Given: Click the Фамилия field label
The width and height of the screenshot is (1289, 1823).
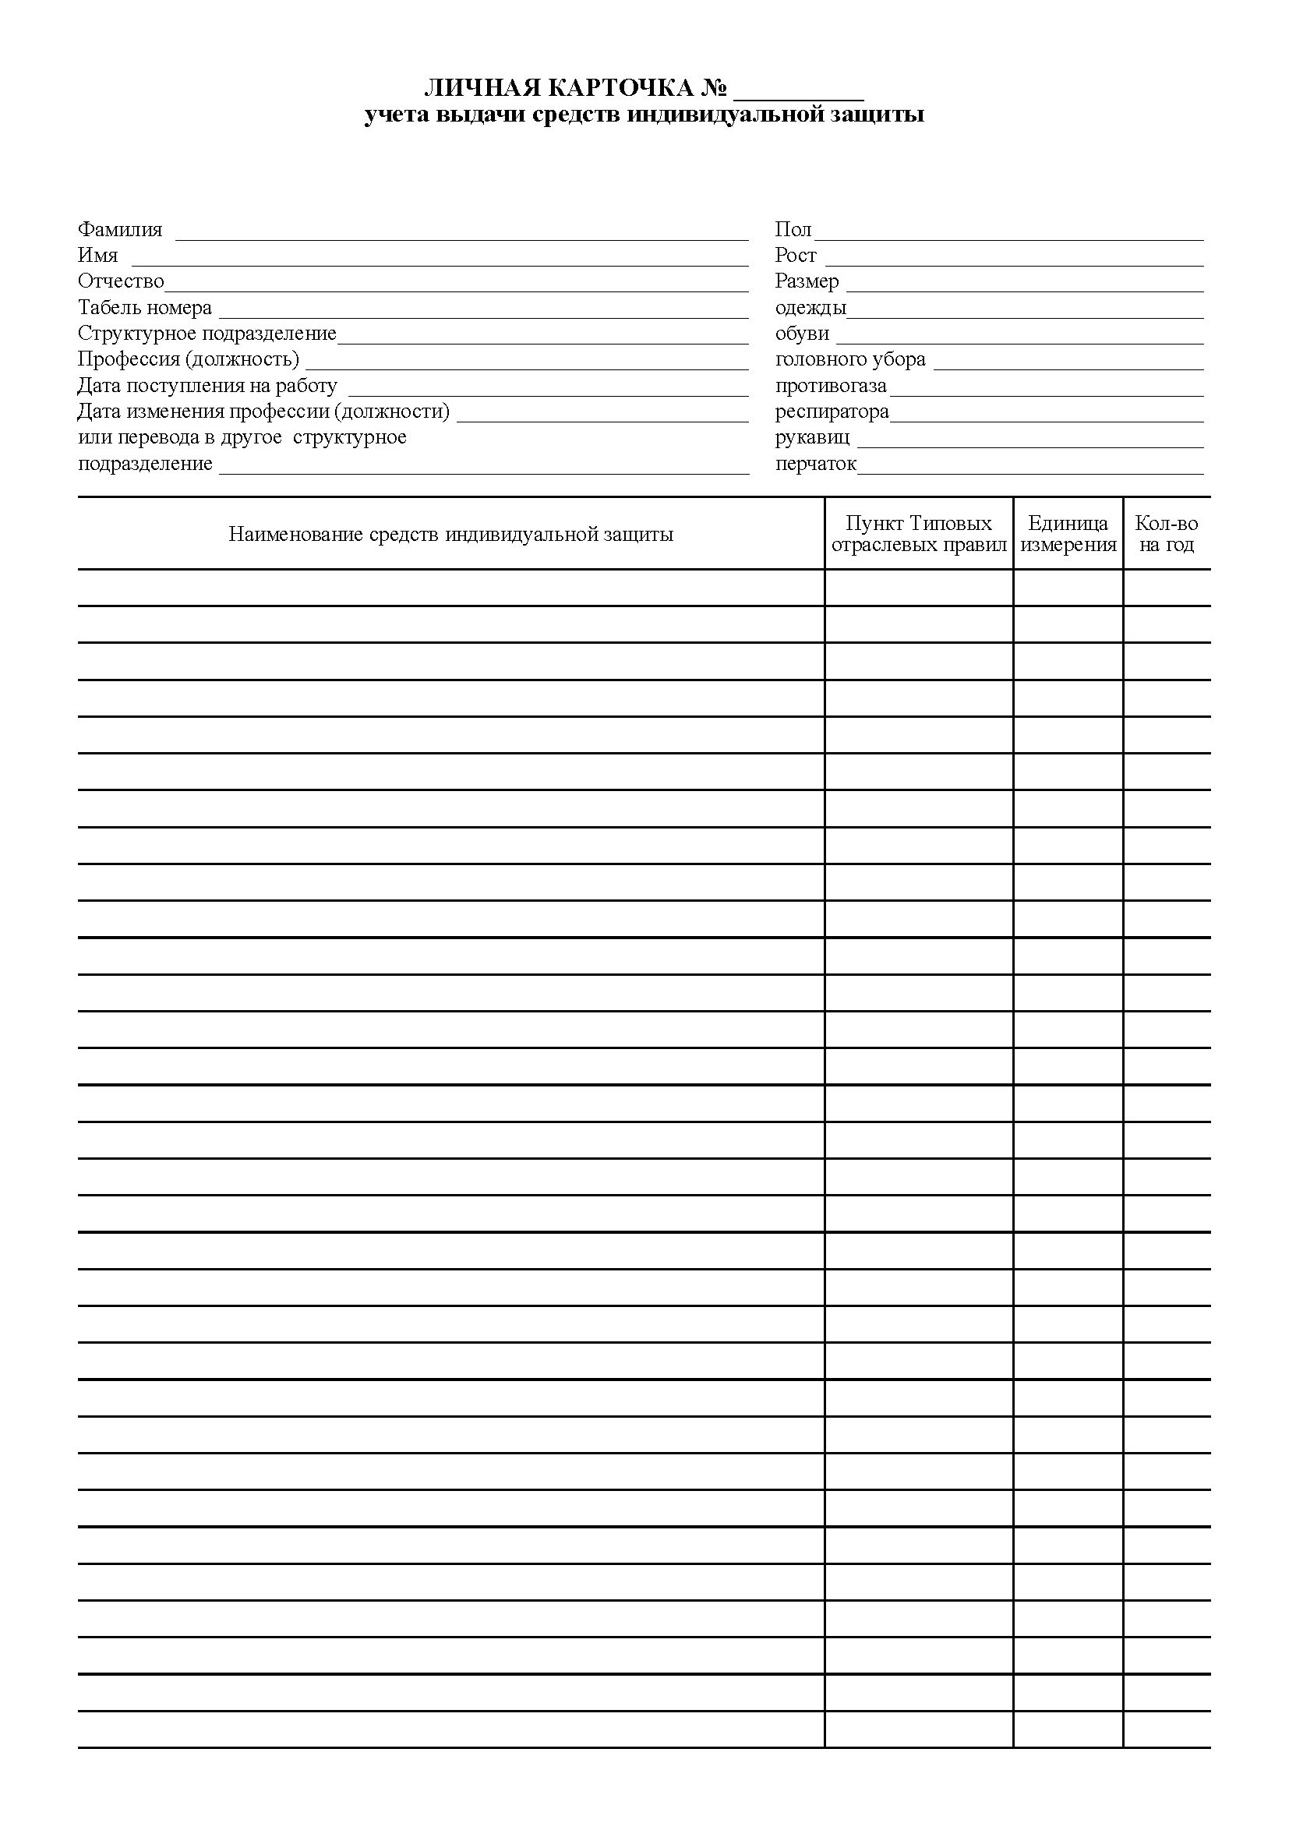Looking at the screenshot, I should click(120, 230).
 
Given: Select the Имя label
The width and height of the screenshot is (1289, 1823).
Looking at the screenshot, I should click(97, 256).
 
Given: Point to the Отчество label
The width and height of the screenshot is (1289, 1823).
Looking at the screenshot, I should click(121, 282).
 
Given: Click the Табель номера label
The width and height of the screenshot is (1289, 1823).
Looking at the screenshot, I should click(144, 308).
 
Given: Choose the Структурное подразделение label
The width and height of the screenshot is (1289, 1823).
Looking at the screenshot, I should click(207, 334).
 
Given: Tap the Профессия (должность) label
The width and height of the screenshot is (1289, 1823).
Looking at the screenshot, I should click(188, 359).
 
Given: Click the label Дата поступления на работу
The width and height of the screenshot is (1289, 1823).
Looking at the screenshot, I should click(207, 386).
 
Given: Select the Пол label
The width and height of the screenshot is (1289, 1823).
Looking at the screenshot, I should click(793, 230).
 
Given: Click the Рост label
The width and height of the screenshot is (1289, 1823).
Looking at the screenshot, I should click(796, 256).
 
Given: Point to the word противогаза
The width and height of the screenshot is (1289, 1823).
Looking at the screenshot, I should click(830, 386).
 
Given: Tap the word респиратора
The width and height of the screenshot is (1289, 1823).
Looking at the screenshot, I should click(832, 412).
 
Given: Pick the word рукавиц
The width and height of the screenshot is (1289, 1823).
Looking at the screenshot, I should click(812, 437).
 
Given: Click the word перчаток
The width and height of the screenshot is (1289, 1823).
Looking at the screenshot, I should click(815, 464).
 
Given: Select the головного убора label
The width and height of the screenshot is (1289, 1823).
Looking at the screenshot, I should click(850, 359).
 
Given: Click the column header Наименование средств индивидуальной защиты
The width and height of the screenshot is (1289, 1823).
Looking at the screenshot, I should click(450, 535).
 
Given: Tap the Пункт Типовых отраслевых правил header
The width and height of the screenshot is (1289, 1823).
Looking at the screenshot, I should click(918, 535).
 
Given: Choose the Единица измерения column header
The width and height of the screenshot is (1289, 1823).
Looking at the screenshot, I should click(1068, 535).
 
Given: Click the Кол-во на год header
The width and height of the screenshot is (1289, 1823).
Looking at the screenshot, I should click(1166, 535).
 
